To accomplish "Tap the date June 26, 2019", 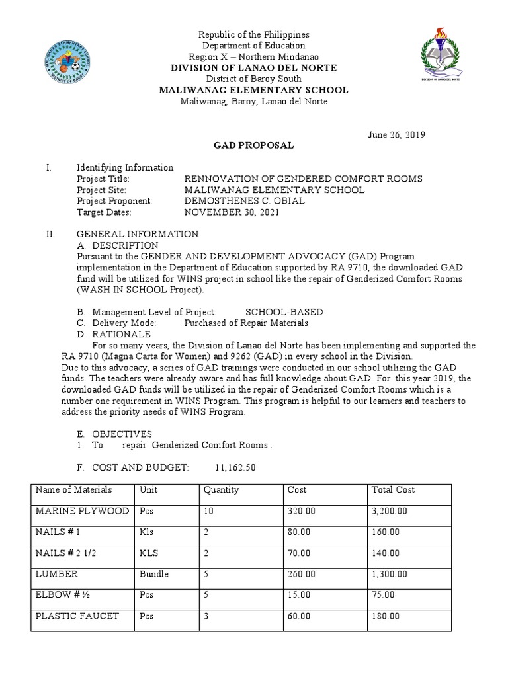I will coord(396,134).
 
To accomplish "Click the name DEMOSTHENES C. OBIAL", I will coord(244,201).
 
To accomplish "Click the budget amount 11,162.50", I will coord(235,467).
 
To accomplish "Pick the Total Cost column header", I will coord(394,490).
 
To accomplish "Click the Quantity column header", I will coord(222,490).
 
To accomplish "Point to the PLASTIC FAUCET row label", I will coord(77,616).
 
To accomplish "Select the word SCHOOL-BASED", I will coord(284,312).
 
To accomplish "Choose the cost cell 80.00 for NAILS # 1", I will coord(299,532).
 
